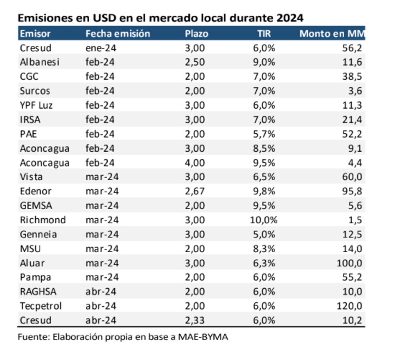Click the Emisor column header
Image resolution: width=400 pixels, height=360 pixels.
(x=35, y=34)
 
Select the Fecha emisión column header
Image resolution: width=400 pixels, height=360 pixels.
(x=118, y=34)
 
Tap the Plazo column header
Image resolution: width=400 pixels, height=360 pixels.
(x=196, y=34)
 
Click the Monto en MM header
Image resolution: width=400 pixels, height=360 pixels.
(x=332, y=34)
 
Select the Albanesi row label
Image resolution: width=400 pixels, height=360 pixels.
(x=40, y=62)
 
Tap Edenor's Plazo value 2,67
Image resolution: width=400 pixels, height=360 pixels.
(x=195, y=191)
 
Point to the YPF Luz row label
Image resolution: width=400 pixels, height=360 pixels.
(x=36, y=105)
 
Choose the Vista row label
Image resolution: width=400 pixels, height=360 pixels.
(x=31, y=177)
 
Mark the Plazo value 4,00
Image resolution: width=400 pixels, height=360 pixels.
(x=195, y=163)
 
